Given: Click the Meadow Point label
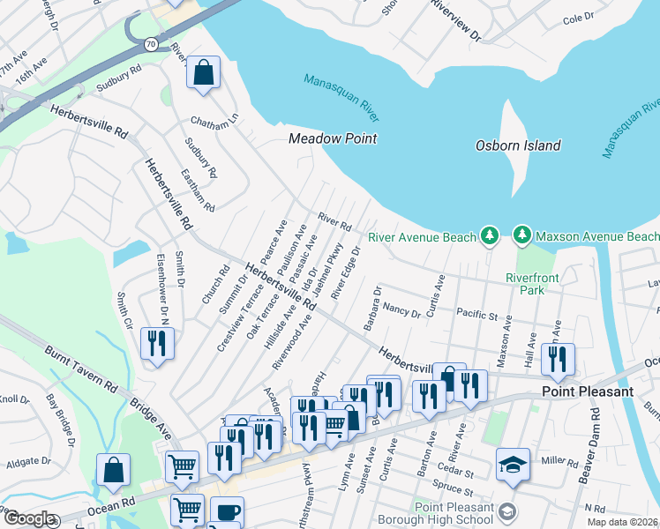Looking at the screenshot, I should click(x=334, y=138).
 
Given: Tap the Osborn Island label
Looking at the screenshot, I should click(x=518, y=145).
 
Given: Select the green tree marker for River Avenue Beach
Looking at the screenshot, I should click(x=491, y=236).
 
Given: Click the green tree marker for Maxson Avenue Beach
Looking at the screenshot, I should click(x=522, y=236).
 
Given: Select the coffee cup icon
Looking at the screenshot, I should click(x=227, y=512).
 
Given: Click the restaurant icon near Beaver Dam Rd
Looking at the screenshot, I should click(x=558, y=358).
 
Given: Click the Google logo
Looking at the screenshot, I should click(x=28, y=518).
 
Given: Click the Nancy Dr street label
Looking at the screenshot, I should click(x=402, y=310).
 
